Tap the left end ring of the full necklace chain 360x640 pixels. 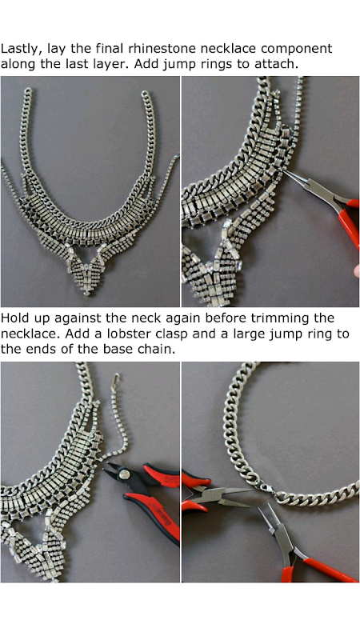pos(27,91)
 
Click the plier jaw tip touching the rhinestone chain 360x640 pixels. pos(285,172)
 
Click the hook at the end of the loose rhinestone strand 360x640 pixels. pos(117,378)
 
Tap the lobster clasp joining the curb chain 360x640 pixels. pos(265,488)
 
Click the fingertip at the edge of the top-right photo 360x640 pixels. pos(356,270)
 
